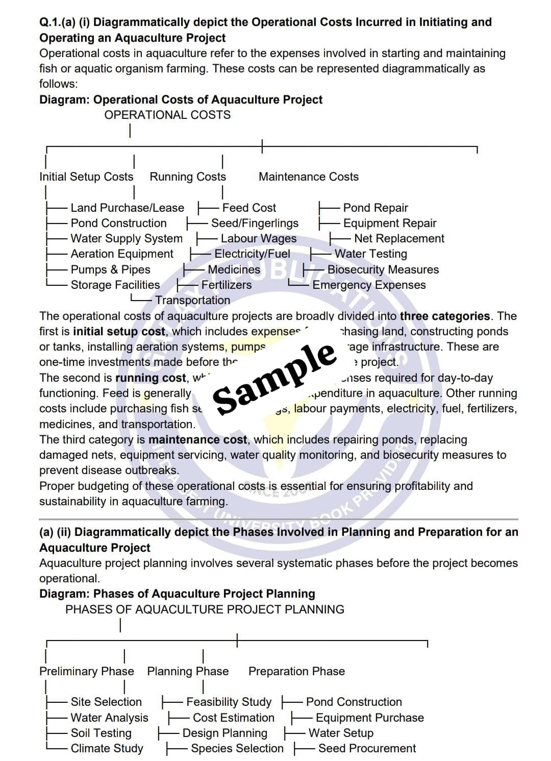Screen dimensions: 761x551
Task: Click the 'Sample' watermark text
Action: tap(274, 378)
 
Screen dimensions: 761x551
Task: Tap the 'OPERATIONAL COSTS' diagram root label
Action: tap(167, 115)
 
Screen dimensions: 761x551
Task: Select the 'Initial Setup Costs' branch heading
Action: tap(86, 177)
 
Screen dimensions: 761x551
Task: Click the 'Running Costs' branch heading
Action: tap(188, 177)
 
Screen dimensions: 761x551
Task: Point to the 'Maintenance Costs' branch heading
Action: tap(309, 177)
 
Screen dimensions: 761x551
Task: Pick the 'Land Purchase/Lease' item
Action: tap(127, 208)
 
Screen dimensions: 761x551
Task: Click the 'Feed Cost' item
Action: tap(249, 208)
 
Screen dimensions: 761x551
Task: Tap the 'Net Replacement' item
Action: tap(399, 238)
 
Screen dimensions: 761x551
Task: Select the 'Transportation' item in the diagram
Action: tap(192, 300)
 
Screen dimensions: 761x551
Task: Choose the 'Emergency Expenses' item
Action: tap(369, 285)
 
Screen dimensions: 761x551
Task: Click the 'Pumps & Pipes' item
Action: tap(110, 269)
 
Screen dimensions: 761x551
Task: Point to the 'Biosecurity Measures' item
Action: tap(383, 269)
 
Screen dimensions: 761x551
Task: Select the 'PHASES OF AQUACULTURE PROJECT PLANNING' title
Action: tap(205, 609)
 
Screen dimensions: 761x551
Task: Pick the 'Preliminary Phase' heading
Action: tap(87, 671)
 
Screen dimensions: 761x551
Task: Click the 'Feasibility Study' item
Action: tap(229, 702)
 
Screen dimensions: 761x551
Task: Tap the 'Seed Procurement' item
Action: tap(367, 748)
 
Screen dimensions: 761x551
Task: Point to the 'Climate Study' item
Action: tap(107, 748)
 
